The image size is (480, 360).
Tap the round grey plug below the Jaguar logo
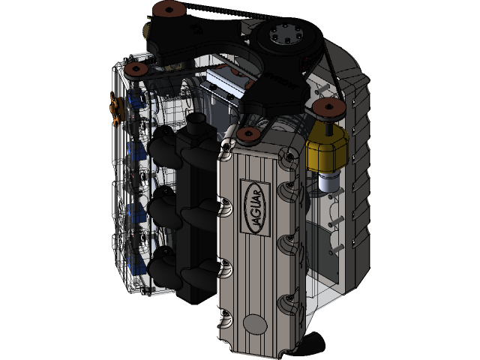(x=255, y=324)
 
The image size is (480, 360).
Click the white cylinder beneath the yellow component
(x=327, y=181)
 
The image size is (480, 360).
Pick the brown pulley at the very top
(x=166, y=10)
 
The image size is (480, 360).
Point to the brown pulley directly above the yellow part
(x=328, y=109)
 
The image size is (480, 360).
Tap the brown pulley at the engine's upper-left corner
(x=136, y=69)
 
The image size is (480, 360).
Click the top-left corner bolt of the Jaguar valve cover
(x=225, y=156)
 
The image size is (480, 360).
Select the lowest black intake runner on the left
(x=164, y=266)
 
